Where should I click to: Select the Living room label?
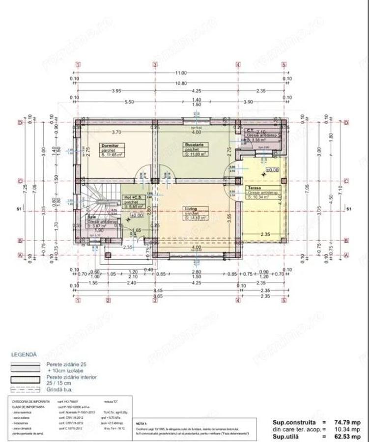point(191,209)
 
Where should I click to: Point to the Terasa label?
point(253,188)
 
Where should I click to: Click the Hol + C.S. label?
point(131,198)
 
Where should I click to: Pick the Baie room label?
point(92,217)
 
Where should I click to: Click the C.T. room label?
point(250,131)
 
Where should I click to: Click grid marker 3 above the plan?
point(155,64)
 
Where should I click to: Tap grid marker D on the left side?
point(21,122)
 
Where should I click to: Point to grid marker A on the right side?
point(346,255)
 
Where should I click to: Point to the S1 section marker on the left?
point(19,209)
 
